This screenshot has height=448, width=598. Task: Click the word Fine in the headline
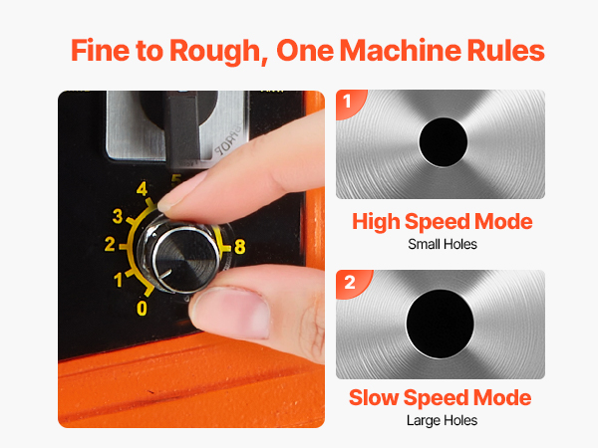[x=101, y=51]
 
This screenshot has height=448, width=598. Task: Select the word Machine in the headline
[x=401, y=50]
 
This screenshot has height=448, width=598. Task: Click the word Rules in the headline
[x=505, y=50]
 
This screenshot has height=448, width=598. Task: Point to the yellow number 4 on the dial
[x=142, y=189]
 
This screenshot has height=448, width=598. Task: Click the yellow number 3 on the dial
[x=118, y=216]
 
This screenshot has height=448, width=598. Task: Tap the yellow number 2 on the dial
[x=110, y=244]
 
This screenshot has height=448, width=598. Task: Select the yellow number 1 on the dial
[x=119, y=280]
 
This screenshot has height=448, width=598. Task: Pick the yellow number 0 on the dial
[x=142, y=309]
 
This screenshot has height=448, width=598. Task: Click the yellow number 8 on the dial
[x=240, y=247]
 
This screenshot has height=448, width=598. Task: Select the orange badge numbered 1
[x=349, y=103]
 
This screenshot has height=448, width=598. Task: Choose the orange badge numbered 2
[x=352, y=284]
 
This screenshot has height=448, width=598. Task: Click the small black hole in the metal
[x=444, y=142]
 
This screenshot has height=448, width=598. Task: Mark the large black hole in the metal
[x=441, y=324]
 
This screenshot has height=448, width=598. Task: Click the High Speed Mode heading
[x=443, y=222]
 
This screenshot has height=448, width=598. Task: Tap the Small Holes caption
[x=443, y=244]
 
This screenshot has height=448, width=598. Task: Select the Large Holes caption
[x=442, y=420]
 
